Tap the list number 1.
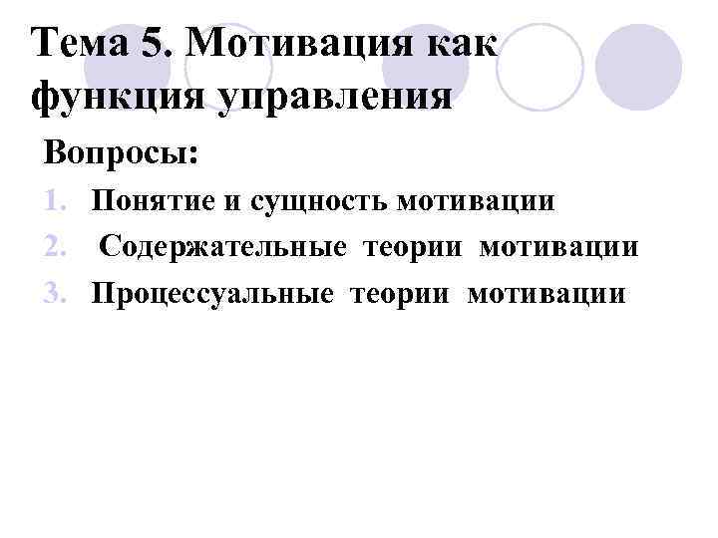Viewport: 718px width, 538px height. [58, 202]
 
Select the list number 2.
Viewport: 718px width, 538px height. [58, 247]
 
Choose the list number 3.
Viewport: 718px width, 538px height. [58, 293]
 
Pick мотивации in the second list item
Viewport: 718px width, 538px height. [558, 247]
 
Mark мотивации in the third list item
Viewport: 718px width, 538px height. [545, 293]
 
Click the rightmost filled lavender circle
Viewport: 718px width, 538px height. [638, 67]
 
